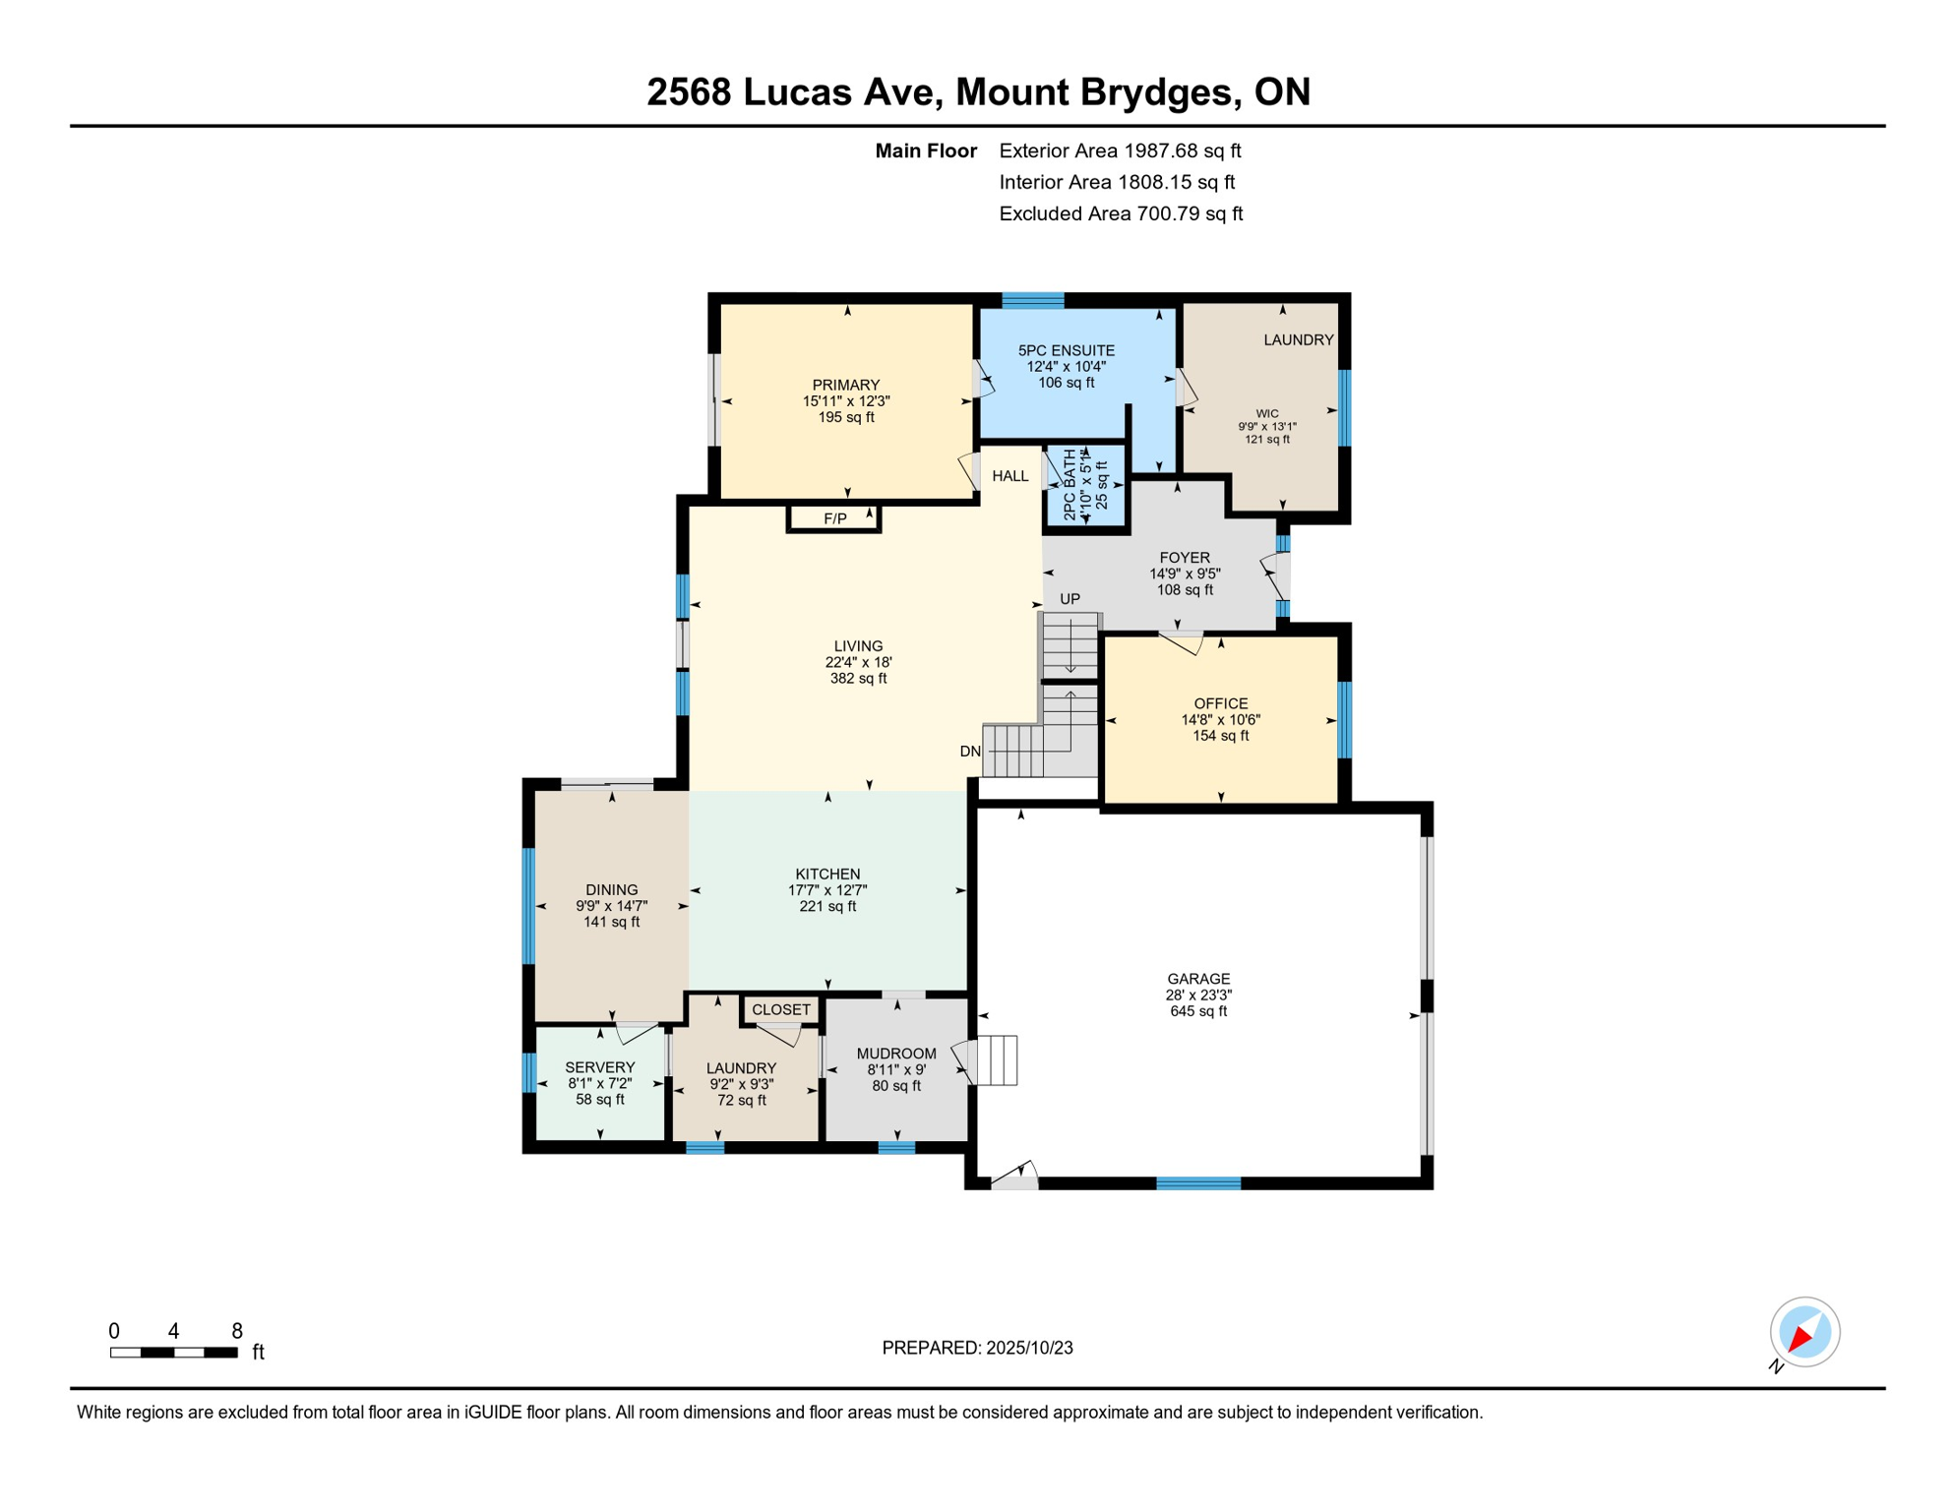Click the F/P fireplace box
(x=834, y=518)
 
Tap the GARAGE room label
(x=1198, y=979)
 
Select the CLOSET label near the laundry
(x=781, y=1010)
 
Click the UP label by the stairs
(x=1070, y=599)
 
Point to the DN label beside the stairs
(x=970, y=752)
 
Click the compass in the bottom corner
(x=1804, y=1333)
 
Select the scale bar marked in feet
(x=174, y=1353)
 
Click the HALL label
(x=1010, y=476)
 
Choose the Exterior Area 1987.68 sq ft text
(x=1120, y=151)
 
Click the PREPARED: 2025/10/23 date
(x=977, y=1348)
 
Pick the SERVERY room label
(x=599, y=1067)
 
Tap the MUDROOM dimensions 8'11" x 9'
(x=896, y=1069)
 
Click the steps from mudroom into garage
(x=996, y=1060)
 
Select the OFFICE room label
(x=1220, y=703)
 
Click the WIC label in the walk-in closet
(x=1267, y=414)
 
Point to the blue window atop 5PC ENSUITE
(x=1033, y=300)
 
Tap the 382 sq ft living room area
(x=858, y=679)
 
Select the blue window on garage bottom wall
(x=1198, y=1183)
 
